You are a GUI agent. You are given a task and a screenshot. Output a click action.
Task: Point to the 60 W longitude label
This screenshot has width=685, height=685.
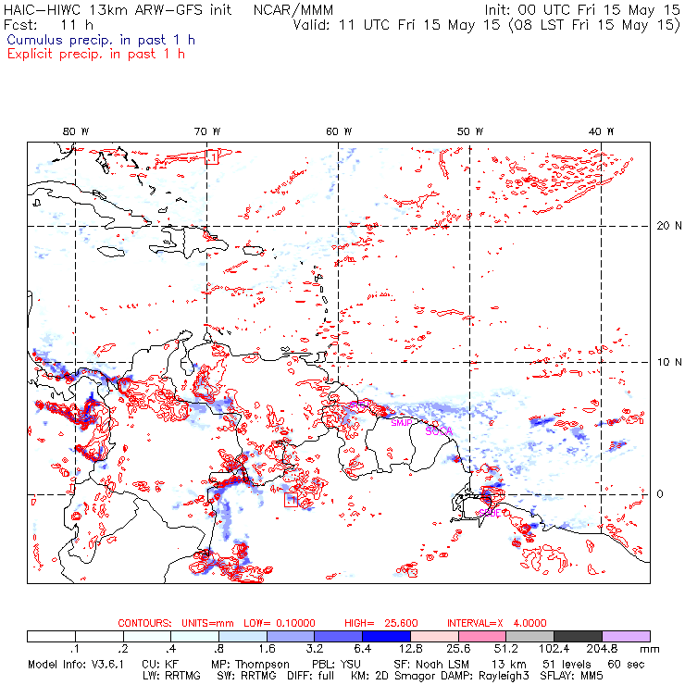point(339,131)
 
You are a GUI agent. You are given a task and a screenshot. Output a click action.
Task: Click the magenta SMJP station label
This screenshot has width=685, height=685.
point(402,423)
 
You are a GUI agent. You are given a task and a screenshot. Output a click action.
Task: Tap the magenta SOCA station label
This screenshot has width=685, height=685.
point(438,430)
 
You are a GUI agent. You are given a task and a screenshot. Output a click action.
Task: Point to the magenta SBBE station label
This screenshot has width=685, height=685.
point(490,512)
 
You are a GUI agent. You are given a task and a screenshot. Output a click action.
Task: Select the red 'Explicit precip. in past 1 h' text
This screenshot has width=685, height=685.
point(95,54)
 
